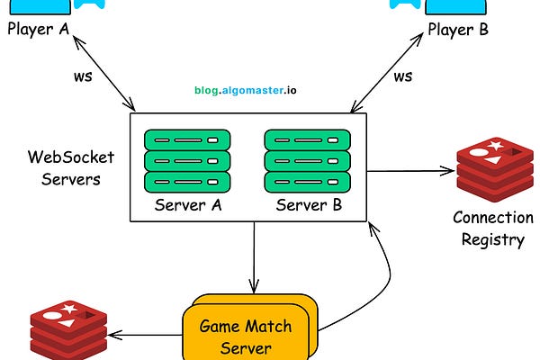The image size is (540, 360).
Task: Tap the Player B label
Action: point(457,30)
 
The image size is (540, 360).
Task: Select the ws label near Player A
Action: point(83,76)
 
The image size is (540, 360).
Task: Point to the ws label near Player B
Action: point(403,76)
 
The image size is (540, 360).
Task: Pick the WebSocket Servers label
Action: point(63,167)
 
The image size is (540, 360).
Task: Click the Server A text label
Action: point(187,205)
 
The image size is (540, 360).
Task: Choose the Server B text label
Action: point(309,205)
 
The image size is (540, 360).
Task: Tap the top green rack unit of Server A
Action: point(186,140)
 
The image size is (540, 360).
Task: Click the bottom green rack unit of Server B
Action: point(307,182)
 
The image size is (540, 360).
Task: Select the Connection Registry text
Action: point(492,228)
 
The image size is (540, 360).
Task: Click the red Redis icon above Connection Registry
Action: point(492,169)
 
